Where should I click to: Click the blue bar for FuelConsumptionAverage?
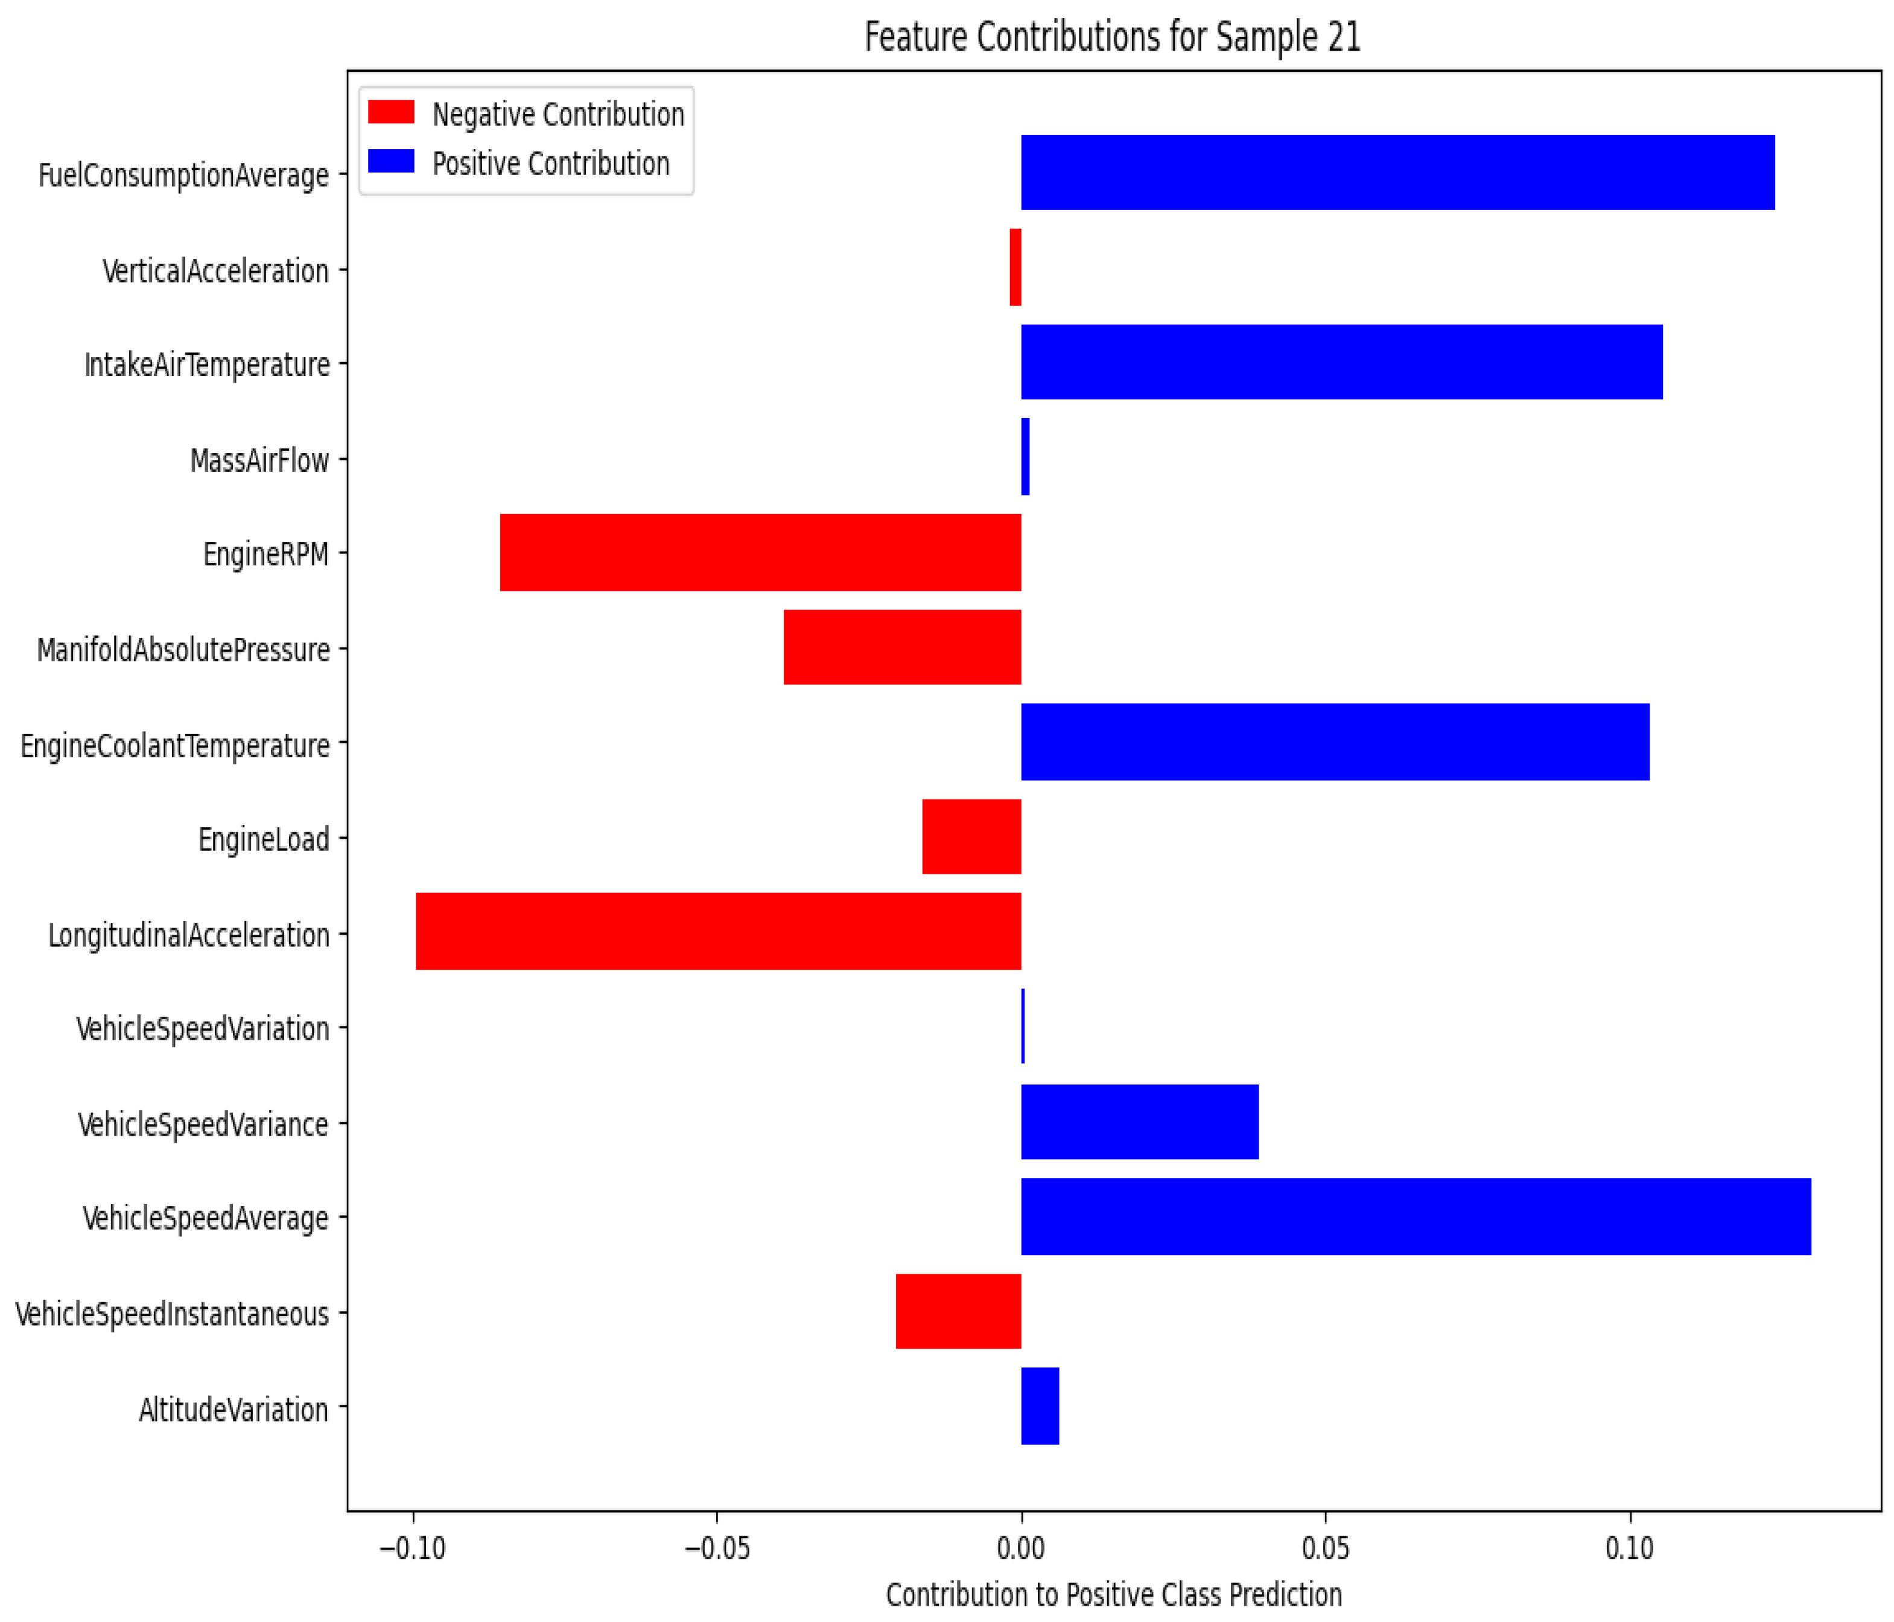[1397, 173]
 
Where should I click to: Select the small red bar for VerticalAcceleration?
[1015, 267]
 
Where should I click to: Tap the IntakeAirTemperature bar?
[1341, 362]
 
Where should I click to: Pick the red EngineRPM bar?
[760, 552]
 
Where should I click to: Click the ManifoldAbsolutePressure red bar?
[901, 647]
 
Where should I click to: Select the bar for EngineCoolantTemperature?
[1335, 742]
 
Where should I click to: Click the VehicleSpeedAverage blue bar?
[1415, 1216]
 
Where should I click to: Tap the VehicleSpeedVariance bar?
[1139, 1122]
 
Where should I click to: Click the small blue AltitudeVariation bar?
[1040, 1406]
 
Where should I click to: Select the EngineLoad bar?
[971, 836]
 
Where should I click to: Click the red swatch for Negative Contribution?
[390, 112]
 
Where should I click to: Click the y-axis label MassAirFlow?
[259, 460]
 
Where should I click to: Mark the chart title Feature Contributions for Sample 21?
[1113, 37]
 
